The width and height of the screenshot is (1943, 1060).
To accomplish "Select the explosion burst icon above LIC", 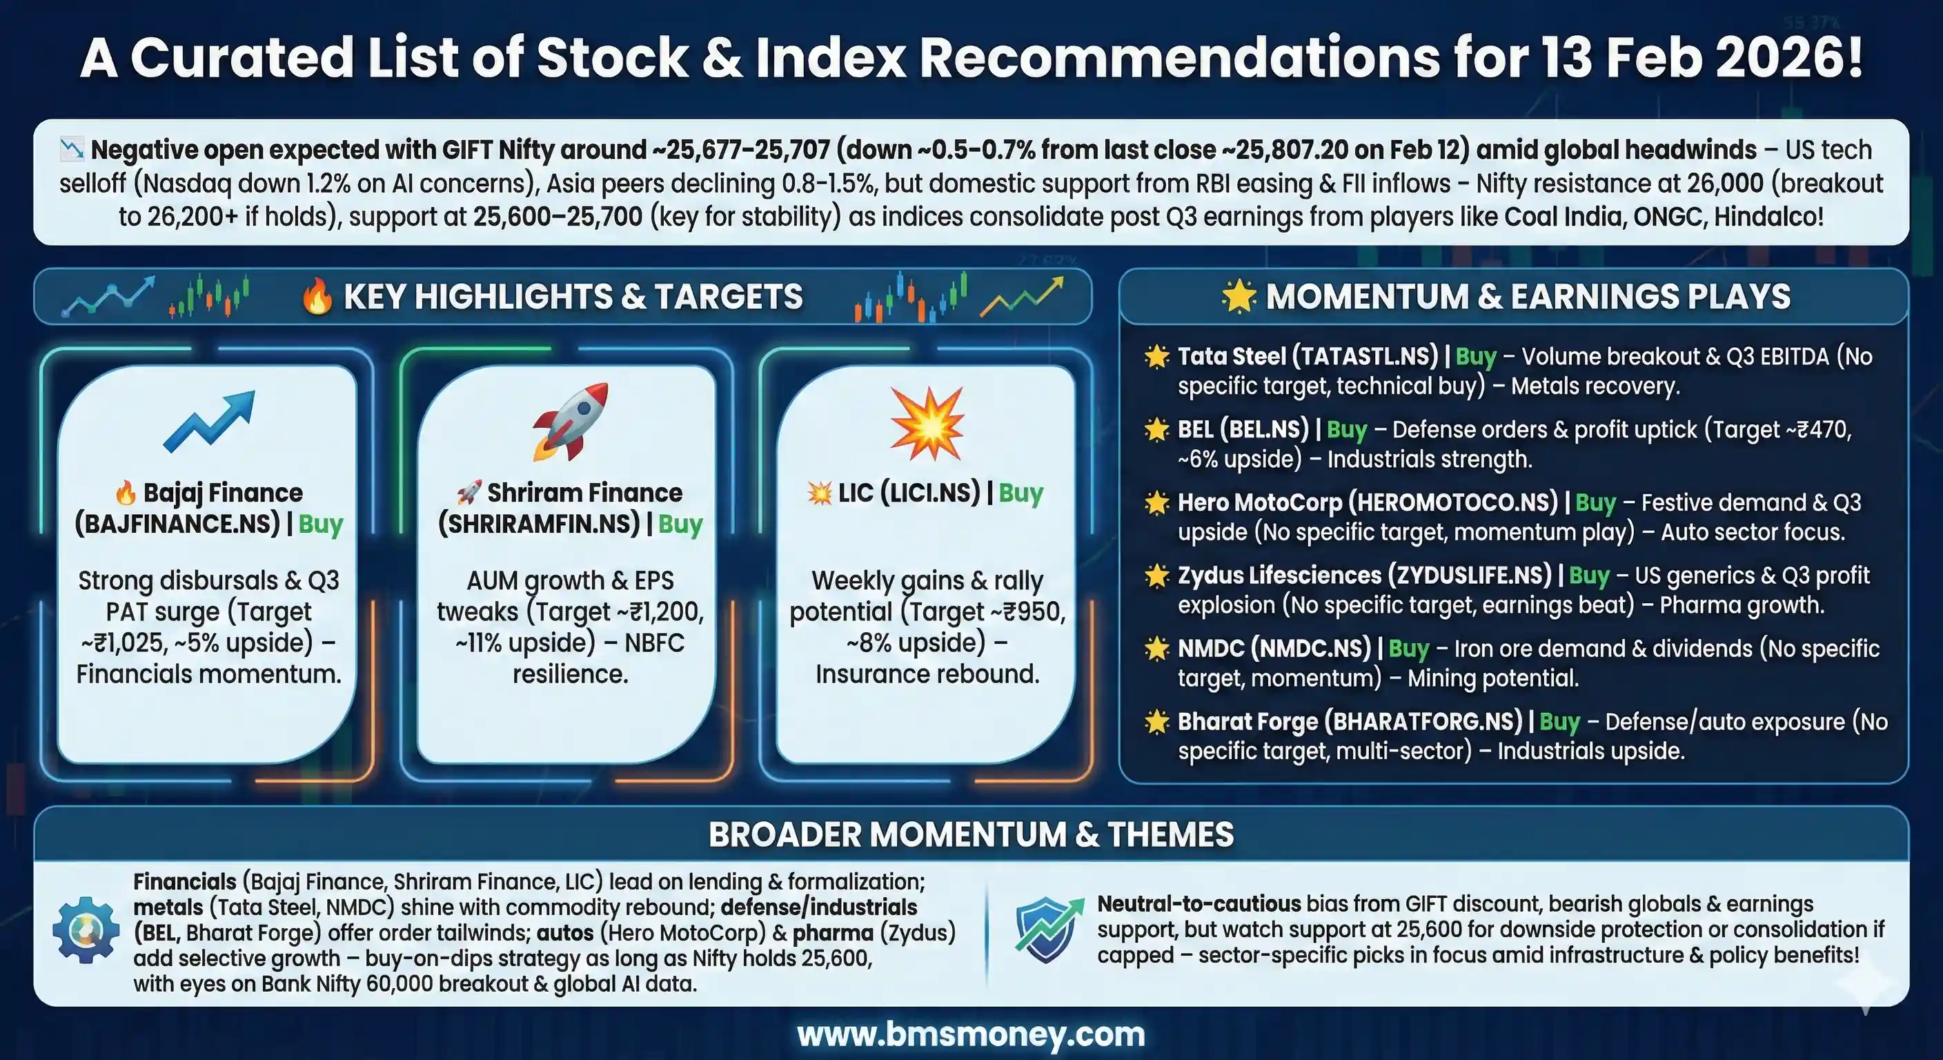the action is [x=927, y=423].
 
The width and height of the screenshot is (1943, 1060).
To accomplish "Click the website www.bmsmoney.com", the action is [x=971, y=1034].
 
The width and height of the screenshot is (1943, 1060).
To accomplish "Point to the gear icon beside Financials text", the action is [x=86, y=930].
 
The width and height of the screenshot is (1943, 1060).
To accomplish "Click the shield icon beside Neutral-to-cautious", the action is [x=1045, y=930].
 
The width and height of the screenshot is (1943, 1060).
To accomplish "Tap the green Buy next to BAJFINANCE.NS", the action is [x=321, y=524].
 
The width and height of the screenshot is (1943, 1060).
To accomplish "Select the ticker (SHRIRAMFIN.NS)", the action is [x=539, y=524].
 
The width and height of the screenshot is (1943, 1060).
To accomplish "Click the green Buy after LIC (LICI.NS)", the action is [x=1020, y=493].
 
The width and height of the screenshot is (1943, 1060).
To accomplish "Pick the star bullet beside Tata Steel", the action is [x=1156, y=356].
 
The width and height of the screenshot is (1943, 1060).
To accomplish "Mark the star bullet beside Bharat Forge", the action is [x=1156, y=721].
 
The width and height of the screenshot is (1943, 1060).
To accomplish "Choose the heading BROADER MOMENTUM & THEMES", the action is [x=971, y=834].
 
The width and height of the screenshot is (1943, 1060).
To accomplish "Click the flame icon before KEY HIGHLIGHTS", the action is [x=317, y=297].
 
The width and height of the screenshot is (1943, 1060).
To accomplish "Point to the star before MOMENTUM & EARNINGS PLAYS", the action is [x=1239, y=296].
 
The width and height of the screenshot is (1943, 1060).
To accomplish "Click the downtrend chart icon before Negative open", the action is [x=72, y=148].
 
